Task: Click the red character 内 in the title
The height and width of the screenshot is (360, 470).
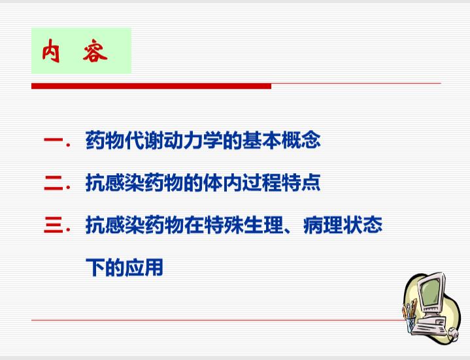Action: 50,51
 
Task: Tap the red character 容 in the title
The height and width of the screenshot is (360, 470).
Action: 95,51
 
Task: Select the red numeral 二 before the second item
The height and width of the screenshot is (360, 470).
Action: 54,183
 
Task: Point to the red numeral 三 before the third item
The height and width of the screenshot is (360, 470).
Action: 54,225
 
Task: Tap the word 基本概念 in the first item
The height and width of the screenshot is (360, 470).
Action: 282,140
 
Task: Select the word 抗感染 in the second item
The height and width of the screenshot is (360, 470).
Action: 114,182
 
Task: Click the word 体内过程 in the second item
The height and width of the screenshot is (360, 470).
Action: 243,182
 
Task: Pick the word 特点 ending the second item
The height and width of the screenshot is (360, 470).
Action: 301,182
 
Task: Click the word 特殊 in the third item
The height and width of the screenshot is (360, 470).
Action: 223,225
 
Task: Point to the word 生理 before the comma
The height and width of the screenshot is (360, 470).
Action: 262,225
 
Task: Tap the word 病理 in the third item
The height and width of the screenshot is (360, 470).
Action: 322,225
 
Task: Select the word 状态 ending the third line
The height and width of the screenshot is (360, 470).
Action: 362,225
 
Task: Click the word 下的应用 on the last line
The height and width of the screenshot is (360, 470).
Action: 124,267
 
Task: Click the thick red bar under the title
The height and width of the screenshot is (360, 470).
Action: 152,86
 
